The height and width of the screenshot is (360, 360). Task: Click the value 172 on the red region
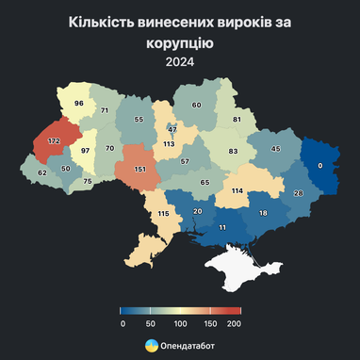point(53,141)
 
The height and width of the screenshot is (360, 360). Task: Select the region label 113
point(170,144)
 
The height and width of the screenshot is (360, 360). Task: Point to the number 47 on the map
point(172,129)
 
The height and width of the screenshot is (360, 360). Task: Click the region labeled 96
point(79,103)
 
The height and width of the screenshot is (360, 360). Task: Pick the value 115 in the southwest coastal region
point(163,214)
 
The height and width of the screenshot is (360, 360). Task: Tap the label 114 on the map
point(237,191)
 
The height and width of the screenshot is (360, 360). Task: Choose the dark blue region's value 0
point(320,165)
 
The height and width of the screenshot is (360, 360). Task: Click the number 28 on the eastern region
point(300,193)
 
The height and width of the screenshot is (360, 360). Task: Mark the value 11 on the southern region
point(222,228)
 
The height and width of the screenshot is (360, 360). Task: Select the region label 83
point(233,151)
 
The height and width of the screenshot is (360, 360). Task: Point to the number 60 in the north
point(197,106)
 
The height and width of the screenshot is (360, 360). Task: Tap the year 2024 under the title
point(179,63)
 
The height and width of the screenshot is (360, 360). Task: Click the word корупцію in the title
point(179,42)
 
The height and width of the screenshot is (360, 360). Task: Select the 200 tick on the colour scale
point(234,322)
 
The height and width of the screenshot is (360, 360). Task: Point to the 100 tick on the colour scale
point(179,322)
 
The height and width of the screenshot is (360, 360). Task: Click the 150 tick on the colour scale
point(207,322)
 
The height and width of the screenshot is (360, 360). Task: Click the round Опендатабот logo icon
point(151,346)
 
